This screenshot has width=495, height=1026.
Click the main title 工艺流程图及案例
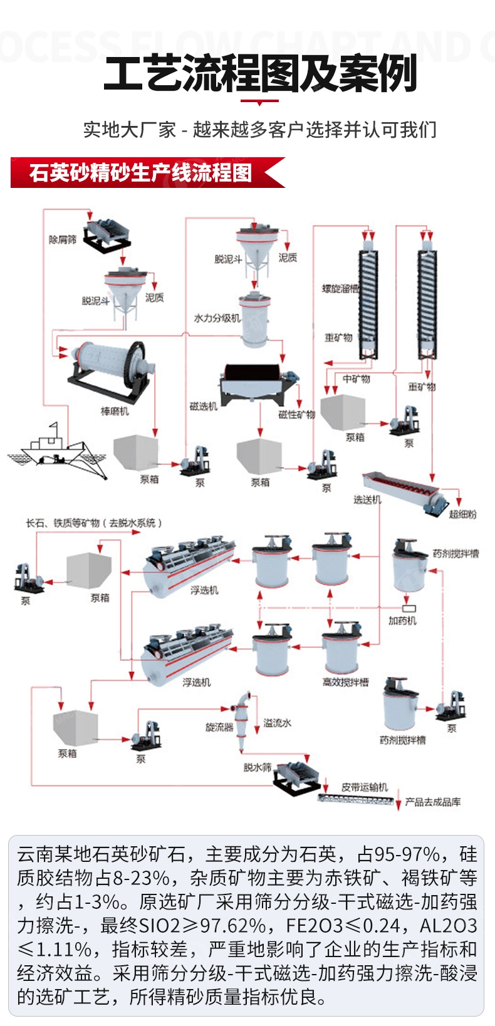tap(260, 74)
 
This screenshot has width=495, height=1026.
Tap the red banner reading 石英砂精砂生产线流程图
tap(141, 172)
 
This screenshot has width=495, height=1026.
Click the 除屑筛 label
tap(63, 240)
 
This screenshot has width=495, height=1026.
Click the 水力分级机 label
tap(217, 318)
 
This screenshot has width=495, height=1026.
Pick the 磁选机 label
tap(203, 407)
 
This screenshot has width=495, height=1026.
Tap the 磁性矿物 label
tap(296, 415)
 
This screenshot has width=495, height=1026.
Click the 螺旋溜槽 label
tap(341, 289)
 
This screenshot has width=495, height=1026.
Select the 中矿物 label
tap(356, 379)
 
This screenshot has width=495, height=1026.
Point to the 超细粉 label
tap(462, 514)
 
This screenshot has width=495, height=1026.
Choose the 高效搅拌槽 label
tap(345, 682)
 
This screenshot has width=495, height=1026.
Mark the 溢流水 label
tap(277, 723)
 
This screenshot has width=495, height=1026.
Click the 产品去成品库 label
tap(432, 802)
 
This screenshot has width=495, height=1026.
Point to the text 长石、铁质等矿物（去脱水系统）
tap(93, 523)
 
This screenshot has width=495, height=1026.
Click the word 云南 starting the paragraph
tap(35, 854)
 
